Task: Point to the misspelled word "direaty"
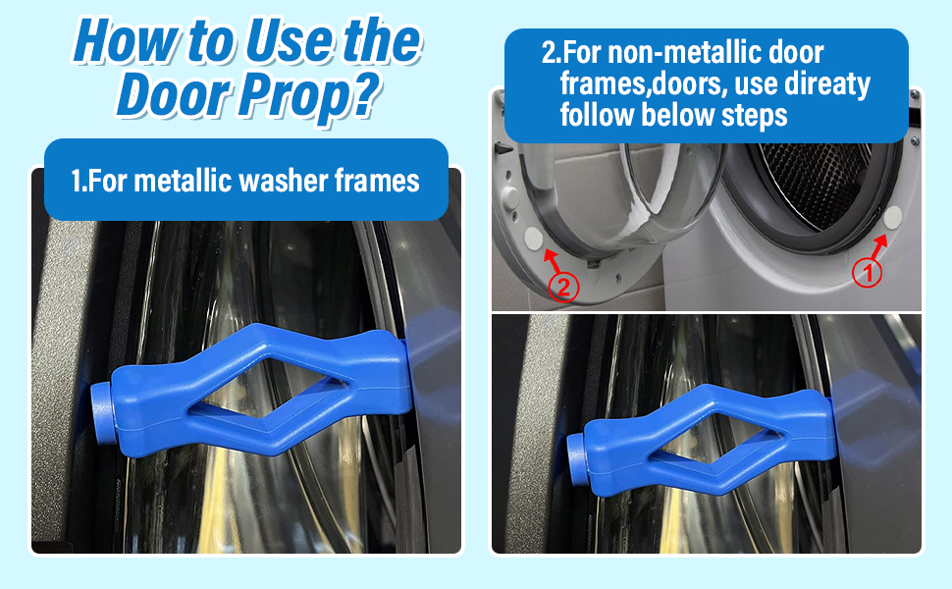point(822,83)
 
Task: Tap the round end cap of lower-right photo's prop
point(577,451)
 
